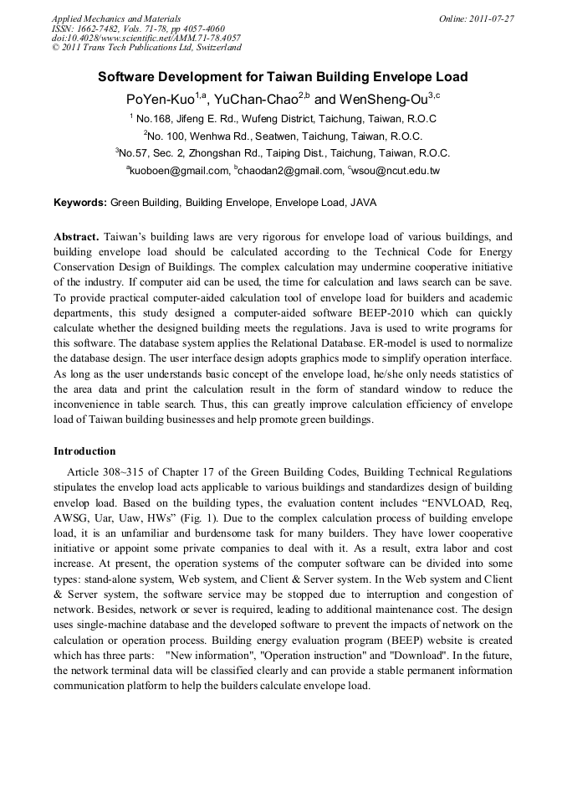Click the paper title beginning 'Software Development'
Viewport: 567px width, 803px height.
[283, 77]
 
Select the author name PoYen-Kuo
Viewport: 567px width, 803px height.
[159, 99]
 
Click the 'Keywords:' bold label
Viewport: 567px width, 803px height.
[80, 203]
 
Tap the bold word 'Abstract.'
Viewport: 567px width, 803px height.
[77, 237]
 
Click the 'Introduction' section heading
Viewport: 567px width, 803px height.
[84, 451]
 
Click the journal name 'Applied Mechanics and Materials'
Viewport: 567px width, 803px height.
[116, 18]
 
